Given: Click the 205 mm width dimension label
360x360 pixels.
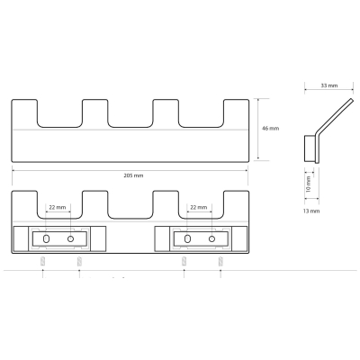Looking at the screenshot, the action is point(133,175).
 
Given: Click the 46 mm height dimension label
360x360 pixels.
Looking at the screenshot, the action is point(271,129).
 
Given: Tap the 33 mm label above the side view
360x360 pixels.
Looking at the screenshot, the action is point(329,85).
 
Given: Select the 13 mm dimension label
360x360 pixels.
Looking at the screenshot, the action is point(311,211).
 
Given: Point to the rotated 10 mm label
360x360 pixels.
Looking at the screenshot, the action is point(309,184).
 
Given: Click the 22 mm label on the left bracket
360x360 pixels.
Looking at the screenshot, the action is point(58,207).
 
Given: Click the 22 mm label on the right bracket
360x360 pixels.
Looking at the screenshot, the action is point(199,207).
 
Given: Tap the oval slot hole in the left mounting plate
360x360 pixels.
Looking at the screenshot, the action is point(46,238).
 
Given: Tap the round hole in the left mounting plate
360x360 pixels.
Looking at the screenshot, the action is point(70,238).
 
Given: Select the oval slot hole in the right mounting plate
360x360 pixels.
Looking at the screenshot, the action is point(187,238).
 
